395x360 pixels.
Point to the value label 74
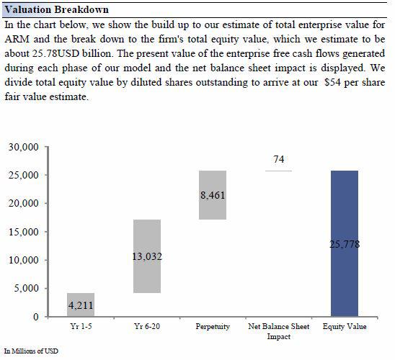pos(278,158)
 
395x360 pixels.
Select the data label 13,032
pos(146,256)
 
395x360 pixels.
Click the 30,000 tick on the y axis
pos(25,147)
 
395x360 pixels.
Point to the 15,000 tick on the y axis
pos(25,232)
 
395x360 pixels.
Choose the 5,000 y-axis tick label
pos(27,289)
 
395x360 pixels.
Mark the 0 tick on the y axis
pos(36,317)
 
